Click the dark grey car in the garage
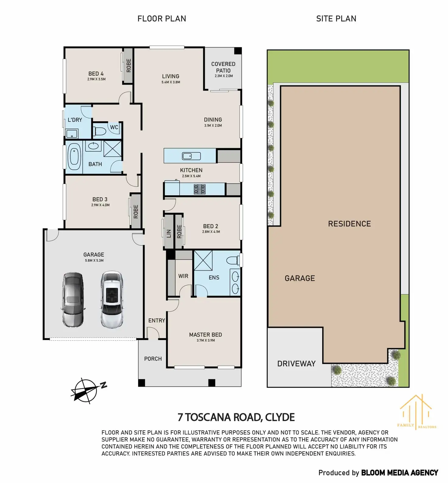(73, 300)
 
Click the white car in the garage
(112, 299)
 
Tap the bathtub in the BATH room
(74, 157)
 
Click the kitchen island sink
(191, 156)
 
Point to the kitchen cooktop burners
(200, 189)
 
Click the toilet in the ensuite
(233, 260)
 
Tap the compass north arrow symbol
(88, 391)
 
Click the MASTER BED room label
(205, 335)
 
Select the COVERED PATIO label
(223, 67)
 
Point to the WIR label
(183, 276)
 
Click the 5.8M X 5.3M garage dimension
(94, 260)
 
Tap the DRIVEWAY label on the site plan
(296, 363)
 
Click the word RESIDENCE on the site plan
(349, 224)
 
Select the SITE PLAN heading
(336, 19)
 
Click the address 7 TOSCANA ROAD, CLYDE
(236, 417)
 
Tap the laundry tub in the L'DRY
(72, 133)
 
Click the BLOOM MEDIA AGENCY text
(400, 473)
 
